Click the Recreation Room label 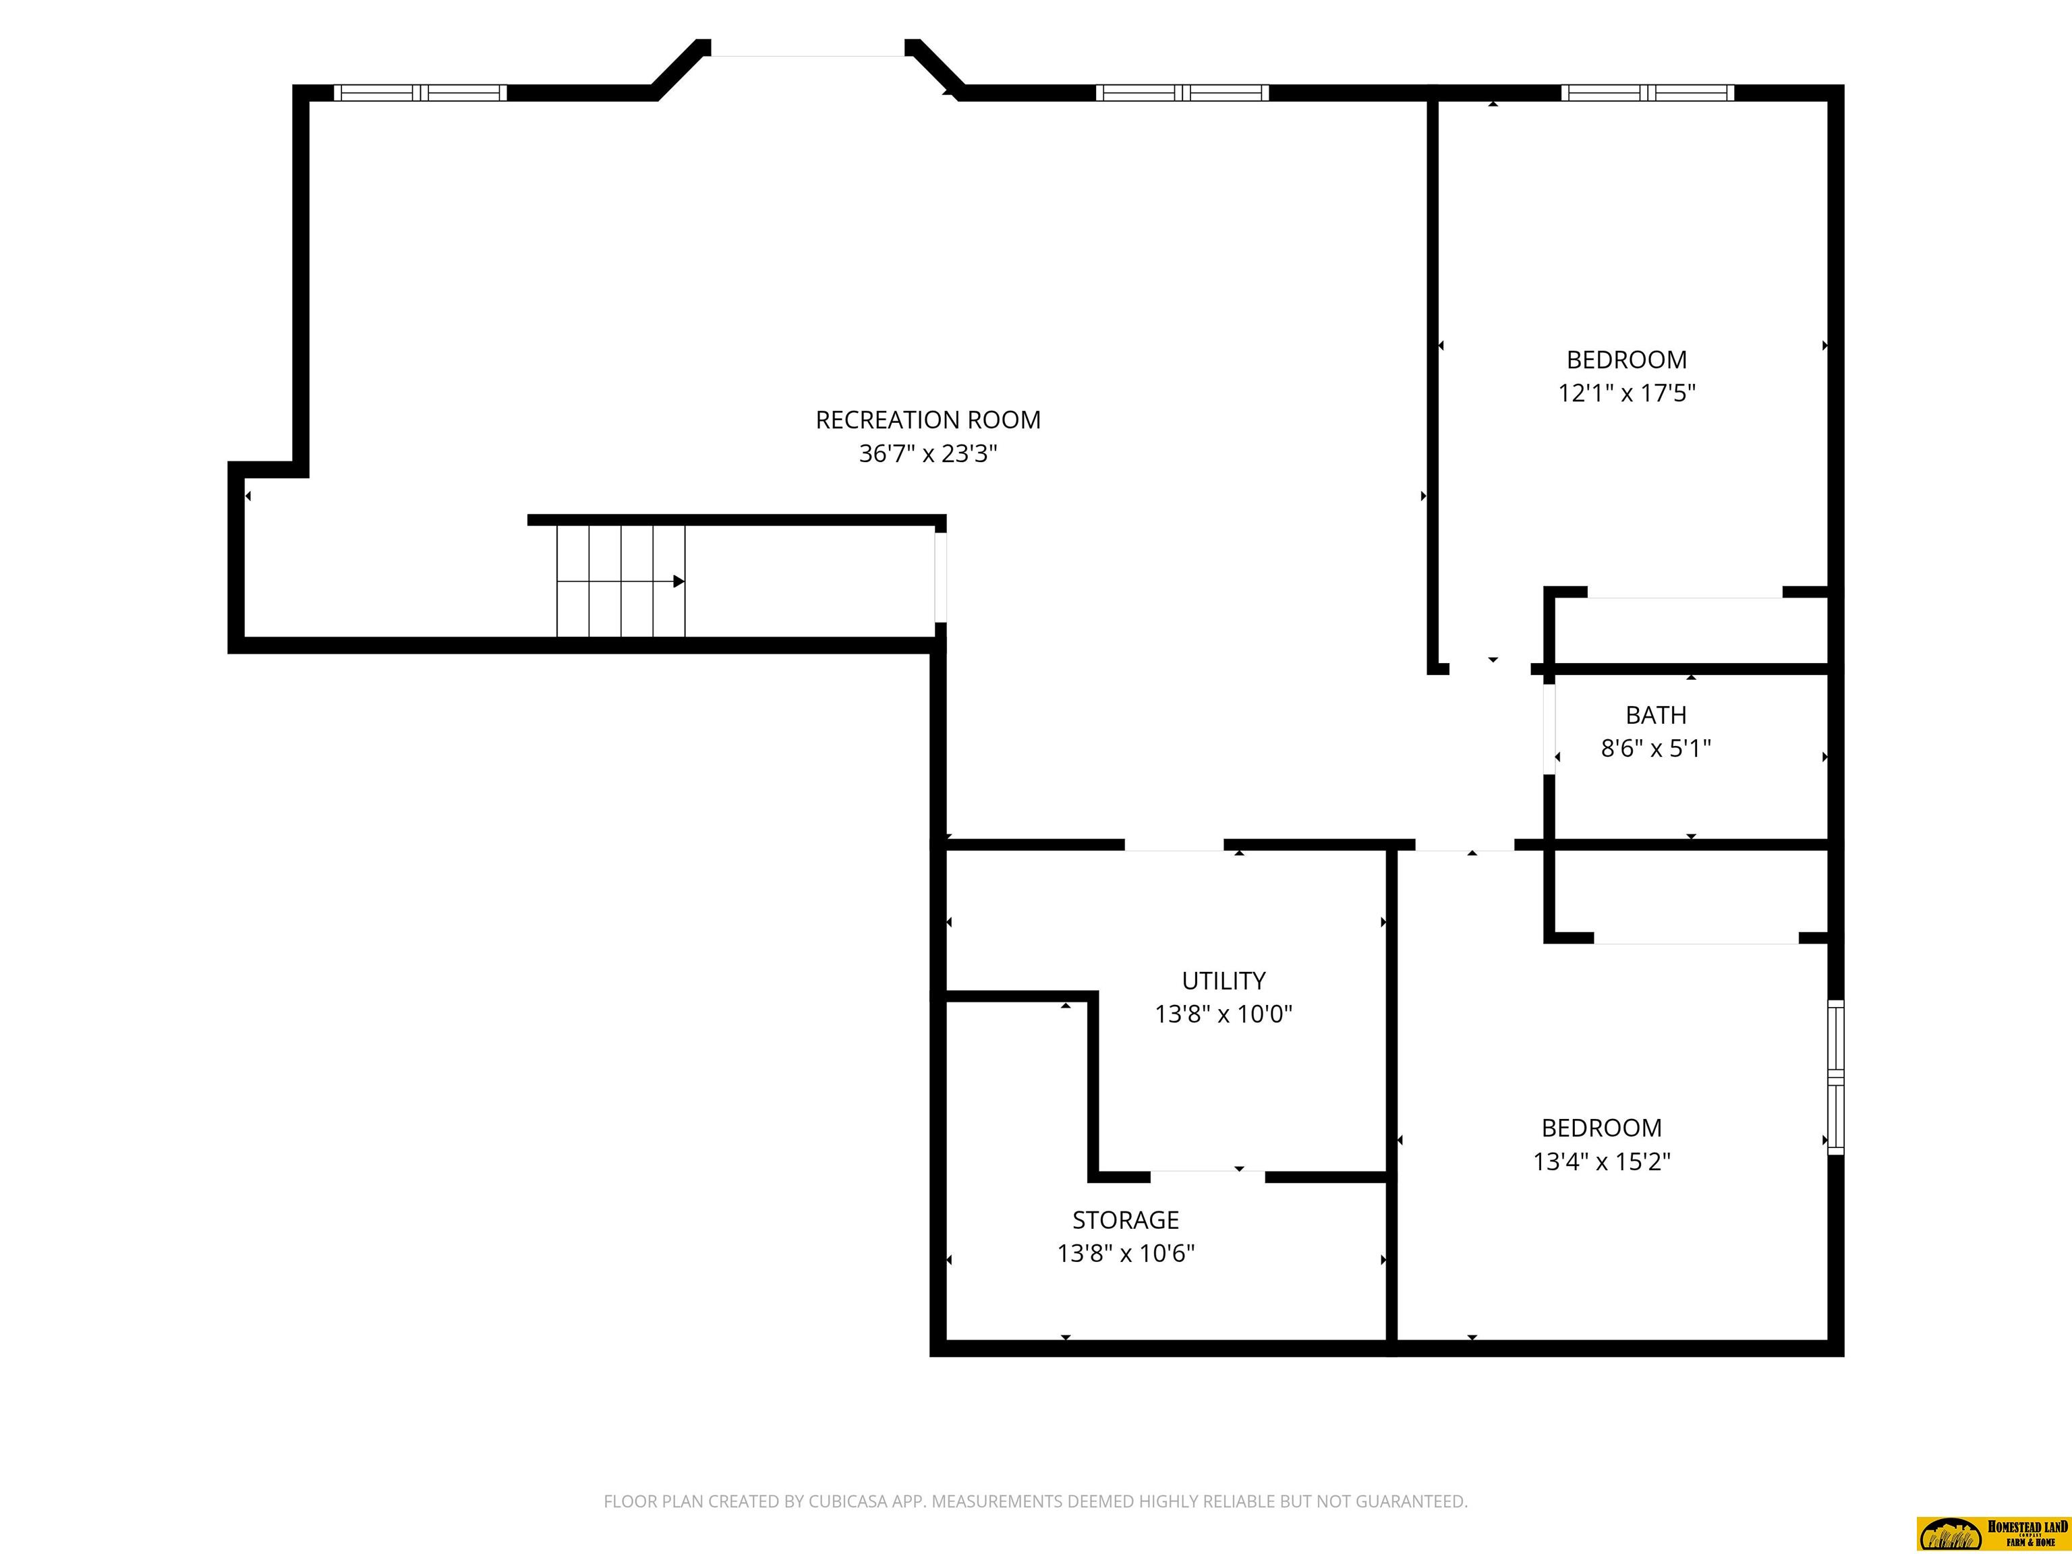pyautogui.click(x=927, y=420)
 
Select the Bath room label pyautogui.click(x=1656, y=715)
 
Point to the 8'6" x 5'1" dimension pyautogui.click(x=1656, y=749)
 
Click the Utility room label pyautogui.click(x=1224, y=981)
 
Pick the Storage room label pyautogui.click(x=1125, y=1219)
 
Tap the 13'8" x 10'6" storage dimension pyautogui.click(x=1126, y=1253)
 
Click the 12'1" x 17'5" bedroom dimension pyautogui.click(x=1626, y=393)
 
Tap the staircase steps pyautogui.click(x=621, y=581)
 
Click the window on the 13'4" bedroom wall pyautogui.click(x=1836, y=1077)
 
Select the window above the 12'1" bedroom pyautogui.click(x=1648, y=92)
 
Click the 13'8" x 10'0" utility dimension pyautogui.click(x=1224, y=1014)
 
